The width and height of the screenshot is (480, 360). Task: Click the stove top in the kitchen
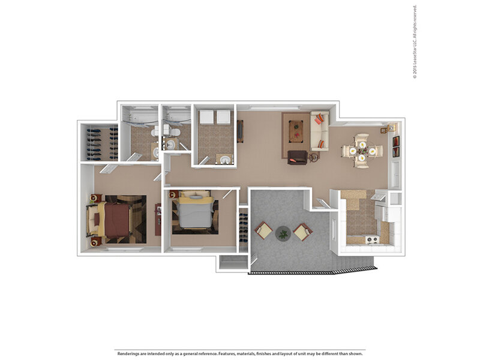pos(371,239)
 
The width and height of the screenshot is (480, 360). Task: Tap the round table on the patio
pos(283,233)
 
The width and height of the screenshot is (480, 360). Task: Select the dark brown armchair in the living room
pos(297,157)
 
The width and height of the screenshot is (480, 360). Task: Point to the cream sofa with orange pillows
pos(320,131)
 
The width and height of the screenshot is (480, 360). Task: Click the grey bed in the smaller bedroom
pos(195,212)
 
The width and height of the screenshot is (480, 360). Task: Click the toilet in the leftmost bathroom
pos(155,131)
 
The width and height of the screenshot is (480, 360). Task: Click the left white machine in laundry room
pos(206,117)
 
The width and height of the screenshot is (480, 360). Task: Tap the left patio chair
pos(263,230)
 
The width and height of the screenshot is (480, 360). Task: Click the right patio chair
pos(303,232)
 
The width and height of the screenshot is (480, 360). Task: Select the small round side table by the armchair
pos(313,157)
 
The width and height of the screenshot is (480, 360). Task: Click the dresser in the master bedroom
pos(158,220)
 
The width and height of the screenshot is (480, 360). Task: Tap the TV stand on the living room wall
pos(241,131)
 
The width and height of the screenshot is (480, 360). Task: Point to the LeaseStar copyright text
pos(415,42)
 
